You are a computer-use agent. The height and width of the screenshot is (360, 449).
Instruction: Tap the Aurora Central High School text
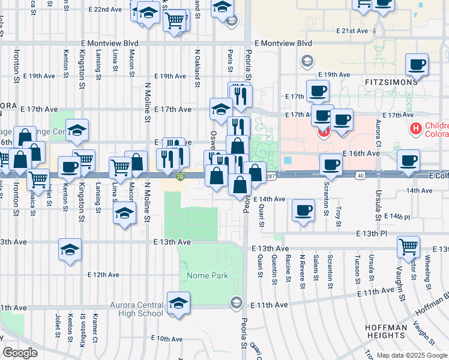coord(136,309)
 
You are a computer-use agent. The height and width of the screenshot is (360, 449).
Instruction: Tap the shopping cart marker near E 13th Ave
coord(408,247)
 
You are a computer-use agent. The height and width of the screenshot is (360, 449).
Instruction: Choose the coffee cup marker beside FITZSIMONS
coord(417,65)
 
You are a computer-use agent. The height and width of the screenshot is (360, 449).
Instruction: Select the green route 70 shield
coord(181,176)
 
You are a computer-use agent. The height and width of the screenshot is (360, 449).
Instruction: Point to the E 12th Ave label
coord(103,275)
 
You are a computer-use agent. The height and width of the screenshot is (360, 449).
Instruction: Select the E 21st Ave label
coord(351,30)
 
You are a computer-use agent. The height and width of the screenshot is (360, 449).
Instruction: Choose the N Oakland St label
coord(197,68)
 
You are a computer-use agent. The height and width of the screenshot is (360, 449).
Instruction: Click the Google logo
coord(20,352)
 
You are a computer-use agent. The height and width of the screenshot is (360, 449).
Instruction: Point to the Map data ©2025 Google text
coord(411,355)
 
